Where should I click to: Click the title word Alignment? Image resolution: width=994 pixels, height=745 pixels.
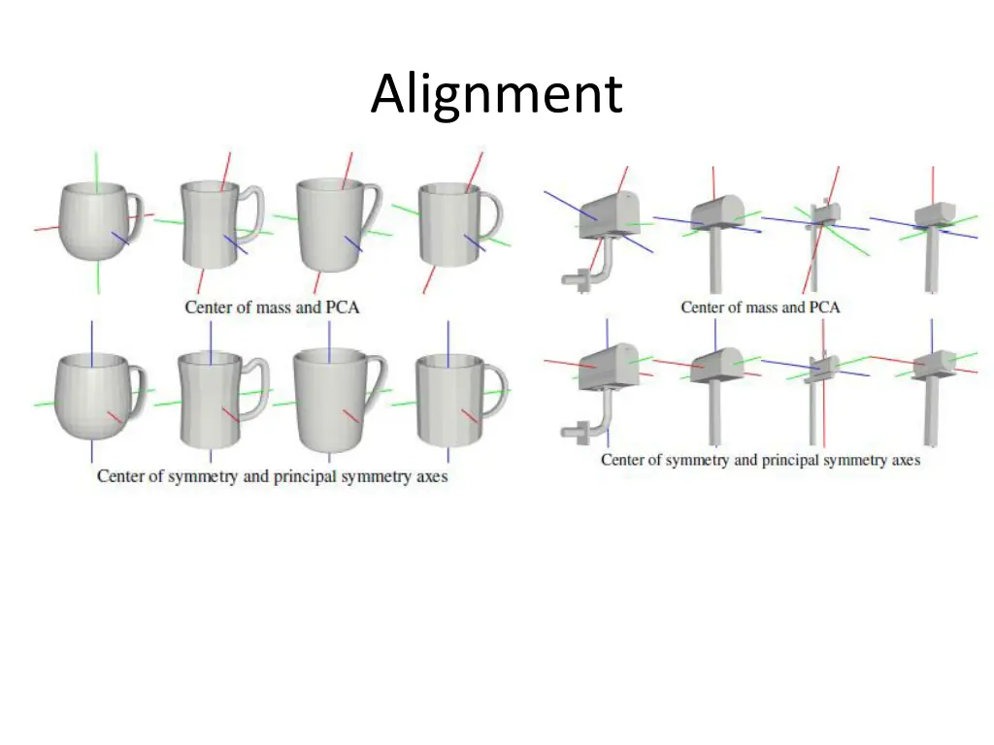[496, 94]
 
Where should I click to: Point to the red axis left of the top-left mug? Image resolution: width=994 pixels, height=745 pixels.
[47, 229]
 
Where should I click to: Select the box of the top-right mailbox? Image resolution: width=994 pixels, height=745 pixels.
[936, 214]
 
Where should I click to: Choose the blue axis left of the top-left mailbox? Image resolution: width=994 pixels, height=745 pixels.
[561, 201]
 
